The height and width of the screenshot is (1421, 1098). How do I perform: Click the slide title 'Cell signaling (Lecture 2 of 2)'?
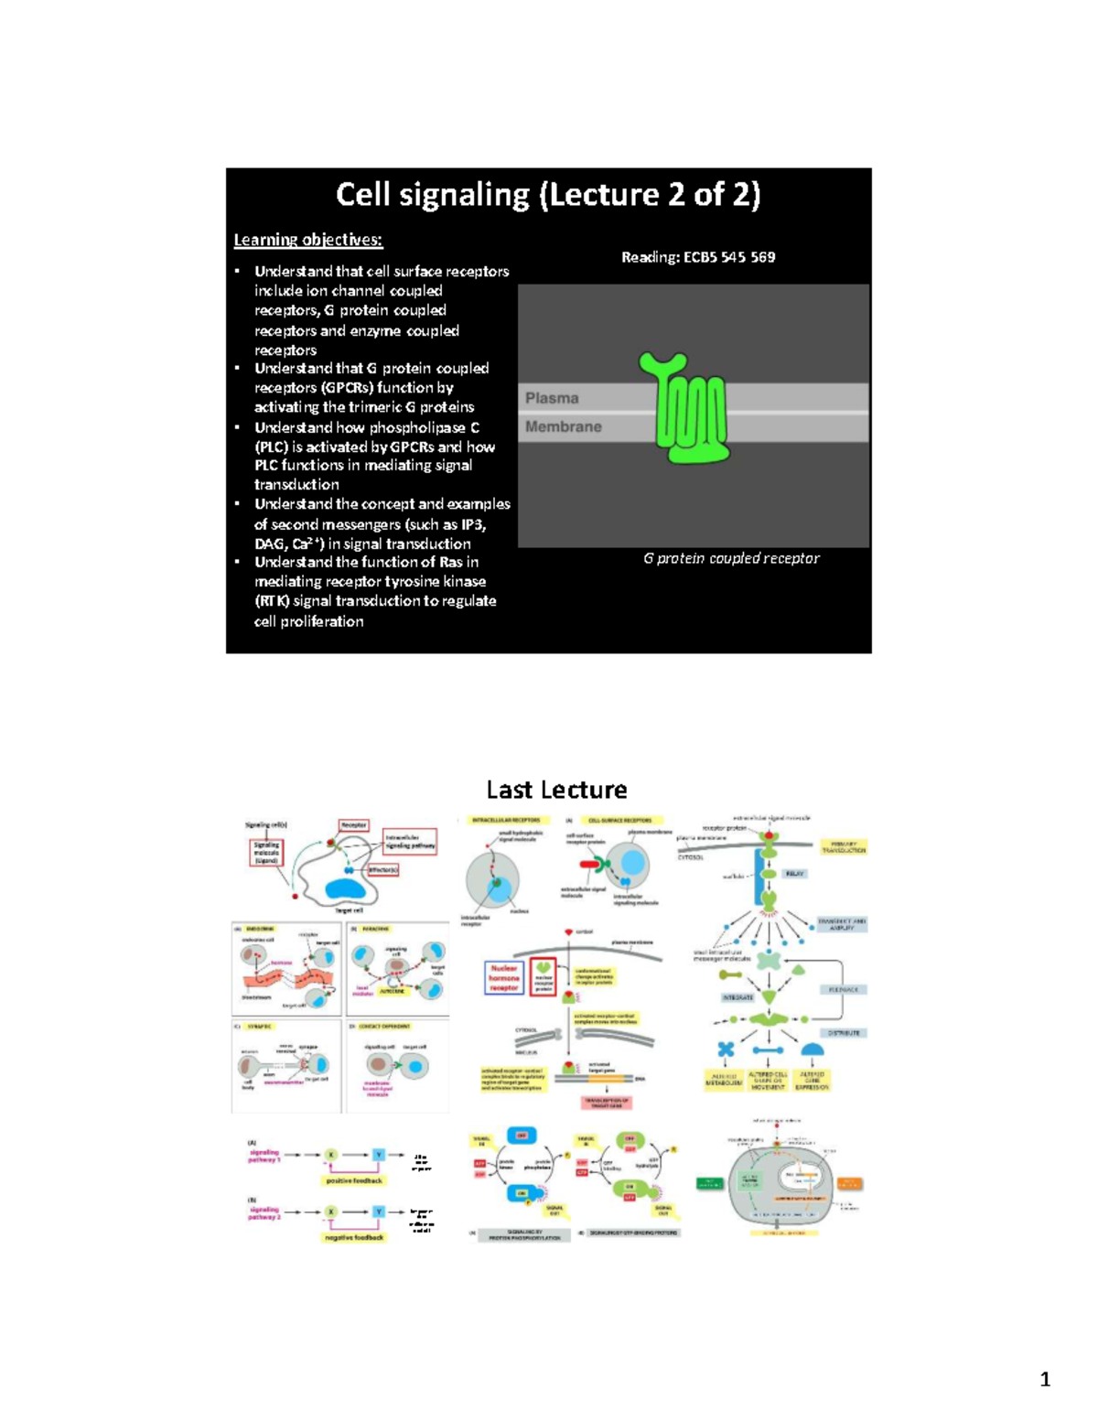point(548,195)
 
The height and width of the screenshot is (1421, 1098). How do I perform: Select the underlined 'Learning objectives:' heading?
point(308,240)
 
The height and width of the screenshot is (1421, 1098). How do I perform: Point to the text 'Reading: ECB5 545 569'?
point(698,257)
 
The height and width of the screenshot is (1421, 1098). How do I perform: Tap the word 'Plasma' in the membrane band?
point(552,398)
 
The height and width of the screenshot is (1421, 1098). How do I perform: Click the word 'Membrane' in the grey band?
point(564,426)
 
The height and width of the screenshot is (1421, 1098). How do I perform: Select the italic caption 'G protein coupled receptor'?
point(731,558)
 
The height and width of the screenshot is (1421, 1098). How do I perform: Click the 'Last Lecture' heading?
point(556,790)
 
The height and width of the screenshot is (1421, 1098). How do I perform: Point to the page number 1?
point(1045,1380)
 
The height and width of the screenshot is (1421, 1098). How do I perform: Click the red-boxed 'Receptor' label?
point(354,825)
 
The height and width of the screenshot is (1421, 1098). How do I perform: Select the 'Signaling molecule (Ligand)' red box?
point(266,853)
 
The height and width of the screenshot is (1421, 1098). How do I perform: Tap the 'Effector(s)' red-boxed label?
point(382,870)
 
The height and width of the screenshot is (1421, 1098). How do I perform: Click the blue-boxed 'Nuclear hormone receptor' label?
point(503,977)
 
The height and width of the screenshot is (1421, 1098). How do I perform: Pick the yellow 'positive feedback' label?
point(354,1180)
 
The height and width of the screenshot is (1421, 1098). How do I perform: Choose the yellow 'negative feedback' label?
point(354,1237)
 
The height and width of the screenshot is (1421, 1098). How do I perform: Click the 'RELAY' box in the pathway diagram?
point(794,874)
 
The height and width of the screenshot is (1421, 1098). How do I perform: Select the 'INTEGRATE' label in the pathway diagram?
point(737,997)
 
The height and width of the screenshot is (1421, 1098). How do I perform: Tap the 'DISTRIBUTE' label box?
point(844,1033)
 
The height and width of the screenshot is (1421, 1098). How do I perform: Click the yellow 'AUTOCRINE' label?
point(393,991)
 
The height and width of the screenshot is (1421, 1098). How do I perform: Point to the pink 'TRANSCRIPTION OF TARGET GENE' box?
point(607,1103)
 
